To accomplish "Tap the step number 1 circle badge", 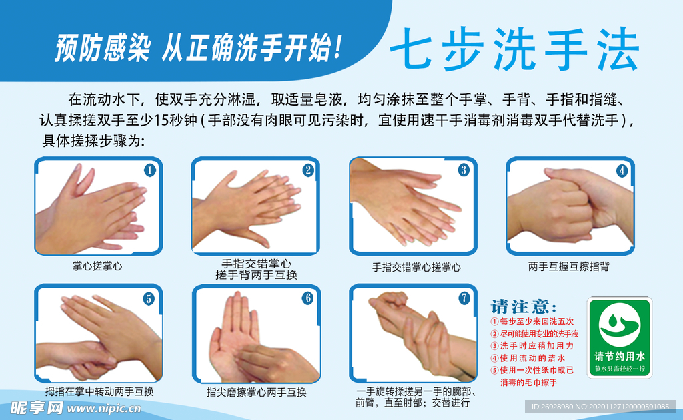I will (150, 170).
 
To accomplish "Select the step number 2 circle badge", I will (307, 170).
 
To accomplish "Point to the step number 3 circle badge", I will (464, 170).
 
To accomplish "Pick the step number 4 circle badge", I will (622, 170).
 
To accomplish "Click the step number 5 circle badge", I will (149, 299).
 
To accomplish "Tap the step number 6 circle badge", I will (307, 298).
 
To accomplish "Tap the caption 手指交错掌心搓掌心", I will (416, 267).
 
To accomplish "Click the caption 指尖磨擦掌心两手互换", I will (256, 392).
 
